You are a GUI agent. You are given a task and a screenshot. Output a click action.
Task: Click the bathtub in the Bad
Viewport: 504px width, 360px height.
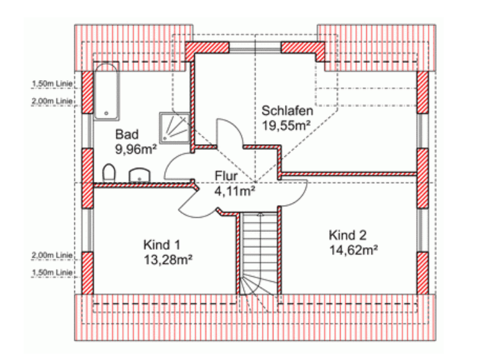(x=106, y=92)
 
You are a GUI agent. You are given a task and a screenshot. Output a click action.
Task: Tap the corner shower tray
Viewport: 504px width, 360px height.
(x=175, y=128)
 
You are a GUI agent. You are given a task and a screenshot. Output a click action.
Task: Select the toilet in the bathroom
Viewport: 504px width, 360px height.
(x=109, y=173)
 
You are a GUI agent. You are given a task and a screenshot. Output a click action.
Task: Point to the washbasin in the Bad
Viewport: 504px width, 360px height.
(x=140, y=176)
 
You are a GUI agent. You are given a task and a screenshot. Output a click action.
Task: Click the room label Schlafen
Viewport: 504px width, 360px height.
(x=287, y=111)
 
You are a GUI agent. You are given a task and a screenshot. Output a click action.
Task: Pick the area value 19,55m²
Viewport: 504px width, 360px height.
(x=286, y=126)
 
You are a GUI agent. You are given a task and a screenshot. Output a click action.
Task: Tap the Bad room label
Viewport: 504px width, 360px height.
(x=127, y=134)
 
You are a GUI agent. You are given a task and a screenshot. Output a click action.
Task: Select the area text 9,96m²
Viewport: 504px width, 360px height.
(x=136, y=149)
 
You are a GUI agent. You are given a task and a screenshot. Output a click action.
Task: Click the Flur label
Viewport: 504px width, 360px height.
(x=226, y=176)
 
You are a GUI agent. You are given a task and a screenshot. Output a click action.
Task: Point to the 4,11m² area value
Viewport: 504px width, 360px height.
(x=235, y=192)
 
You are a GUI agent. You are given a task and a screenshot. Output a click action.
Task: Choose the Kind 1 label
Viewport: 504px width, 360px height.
(x=161, y=245)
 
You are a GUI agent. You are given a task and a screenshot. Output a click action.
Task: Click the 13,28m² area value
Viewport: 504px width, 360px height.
(x=168, y=259)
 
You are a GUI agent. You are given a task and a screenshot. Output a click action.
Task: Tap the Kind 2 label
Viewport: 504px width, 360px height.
(x=348, y=235)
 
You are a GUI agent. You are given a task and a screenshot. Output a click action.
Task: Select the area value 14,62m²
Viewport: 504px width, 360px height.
(x=354, y=250)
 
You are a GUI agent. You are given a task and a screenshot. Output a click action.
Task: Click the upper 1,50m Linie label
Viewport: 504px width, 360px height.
(x=52, y=83)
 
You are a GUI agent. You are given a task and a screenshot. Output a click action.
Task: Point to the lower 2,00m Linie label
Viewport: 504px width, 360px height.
(x=52, y=255)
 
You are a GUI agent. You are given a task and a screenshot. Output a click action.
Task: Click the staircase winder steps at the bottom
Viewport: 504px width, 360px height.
(x=259, y=284)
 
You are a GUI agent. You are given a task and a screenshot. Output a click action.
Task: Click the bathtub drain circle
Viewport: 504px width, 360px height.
(x=106, y=113)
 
